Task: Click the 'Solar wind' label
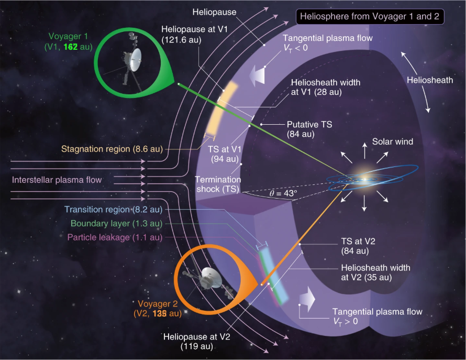pos(392,142)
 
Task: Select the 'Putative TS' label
pos(309,125)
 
